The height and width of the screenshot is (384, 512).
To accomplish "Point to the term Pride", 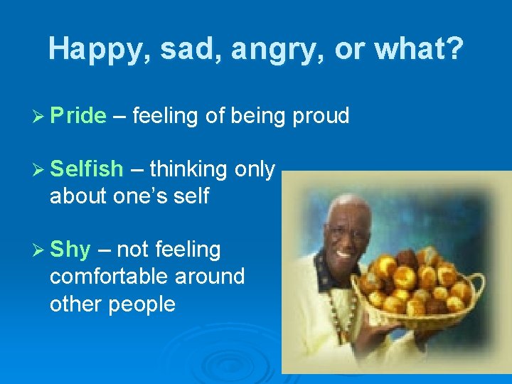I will pos(78,116).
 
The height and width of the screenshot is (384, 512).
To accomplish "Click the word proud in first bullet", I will pos(321,116).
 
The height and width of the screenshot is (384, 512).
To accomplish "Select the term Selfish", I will pos(87,169).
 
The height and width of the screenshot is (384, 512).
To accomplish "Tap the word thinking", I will pos(188,169).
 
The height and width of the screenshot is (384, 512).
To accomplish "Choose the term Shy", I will pos(70,250).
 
